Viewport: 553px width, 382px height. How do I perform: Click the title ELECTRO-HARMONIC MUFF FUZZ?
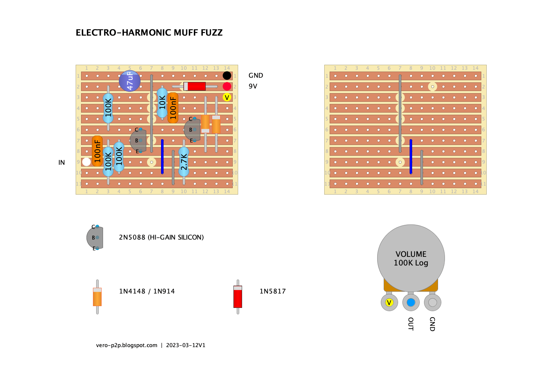click(x=149, y=33)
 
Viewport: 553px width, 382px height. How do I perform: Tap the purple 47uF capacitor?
click(x=130, y=81)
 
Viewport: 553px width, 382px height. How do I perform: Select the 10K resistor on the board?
click(x=162, y=103)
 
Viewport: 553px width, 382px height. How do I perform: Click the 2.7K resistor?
click(x=184, y=162)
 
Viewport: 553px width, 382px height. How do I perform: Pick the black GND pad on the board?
click(x=227, y=76)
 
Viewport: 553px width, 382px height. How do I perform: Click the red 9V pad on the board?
click(x=227, y=86)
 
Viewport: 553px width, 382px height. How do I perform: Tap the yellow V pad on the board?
click(x=227, y=97)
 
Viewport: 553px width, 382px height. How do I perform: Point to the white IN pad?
click(x=86, y=162)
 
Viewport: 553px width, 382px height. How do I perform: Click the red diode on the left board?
click(x=195, y=86)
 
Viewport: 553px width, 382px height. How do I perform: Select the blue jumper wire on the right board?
click(x=411, y=156)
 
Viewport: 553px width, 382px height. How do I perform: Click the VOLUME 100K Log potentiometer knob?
click(x=411, y=258)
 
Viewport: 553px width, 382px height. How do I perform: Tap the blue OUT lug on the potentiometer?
click(x=411, y=303)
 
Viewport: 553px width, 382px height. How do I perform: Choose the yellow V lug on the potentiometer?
click(x=389, y=303)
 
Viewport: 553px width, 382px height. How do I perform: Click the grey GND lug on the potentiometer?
click(x=433, y=303)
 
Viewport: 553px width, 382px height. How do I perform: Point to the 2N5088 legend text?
click(x=161, y=237)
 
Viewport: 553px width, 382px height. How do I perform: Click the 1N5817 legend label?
click(x=273, y=291)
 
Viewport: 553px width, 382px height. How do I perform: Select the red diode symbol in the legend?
click(x=238, y=297)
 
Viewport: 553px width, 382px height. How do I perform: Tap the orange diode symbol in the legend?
click(x=97, y=297)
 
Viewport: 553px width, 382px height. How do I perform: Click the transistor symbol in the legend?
click(x=95, y=237)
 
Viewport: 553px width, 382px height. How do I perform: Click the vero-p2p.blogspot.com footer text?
click(x=126, y=345)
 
